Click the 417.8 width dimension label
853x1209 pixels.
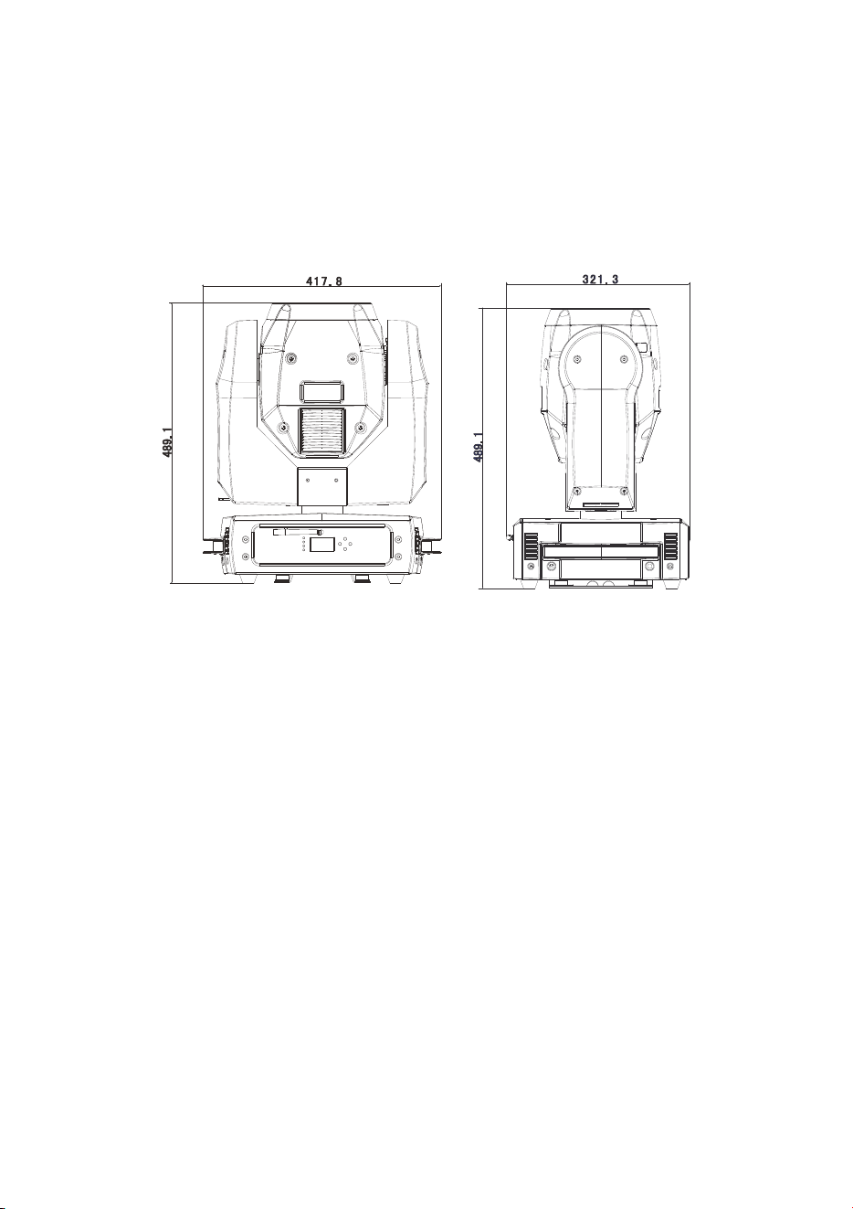(323, 281)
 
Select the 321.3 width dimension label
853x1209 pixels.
(601, 279)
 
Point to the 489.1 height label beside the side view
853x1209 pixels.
(478, 447)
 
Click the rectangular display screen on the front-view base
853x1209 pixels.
(323, 544)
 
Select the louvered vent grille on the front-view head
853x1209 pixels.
(321, 430)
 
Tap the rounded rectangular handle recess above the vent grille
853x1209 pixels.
(321, 390)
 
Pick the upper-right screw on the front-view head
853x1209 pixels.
(352, 356)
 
